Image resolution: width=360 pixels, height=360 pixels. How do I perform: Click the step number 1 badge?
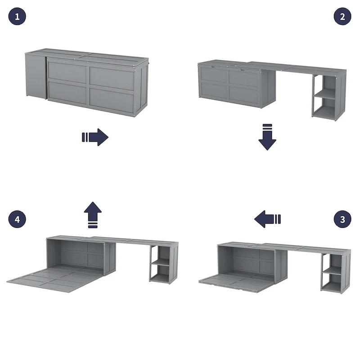17,17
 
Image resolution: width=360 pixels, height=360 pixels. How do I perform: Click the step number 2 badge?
342,17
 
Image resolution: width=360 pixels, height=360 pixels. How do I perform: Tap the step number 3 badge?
342,220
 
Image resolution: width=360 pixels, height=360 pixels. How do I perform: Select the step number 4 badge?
17,220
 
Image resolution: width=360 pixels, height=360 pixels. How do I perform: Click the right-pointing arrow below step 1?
95,137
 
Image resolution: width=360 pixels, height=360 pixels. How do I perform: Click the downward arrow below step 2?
267,136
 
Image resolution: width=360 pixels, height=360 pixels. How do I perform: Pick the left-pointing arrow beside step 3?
267,220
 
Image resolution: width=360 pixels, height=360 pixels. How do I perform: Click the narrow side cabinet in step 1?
35,76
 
